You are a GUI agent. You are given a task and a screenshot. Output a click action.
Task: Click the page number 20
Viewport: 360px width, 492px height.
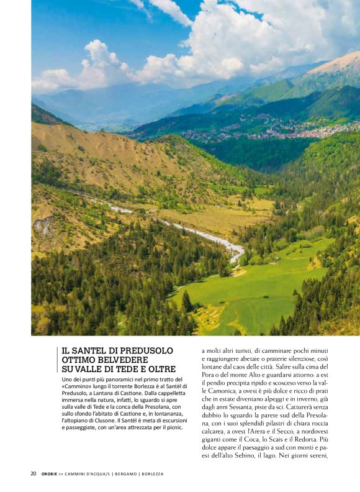(x=34, y=473)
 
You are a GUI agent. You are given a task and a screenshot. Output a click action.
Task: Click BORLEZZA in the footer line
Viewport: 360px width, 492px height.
(x=153, y=473)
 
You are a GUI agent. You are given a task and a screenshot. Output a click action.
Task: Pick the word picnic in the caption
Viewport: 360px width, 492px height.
(x=172, y=428)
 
